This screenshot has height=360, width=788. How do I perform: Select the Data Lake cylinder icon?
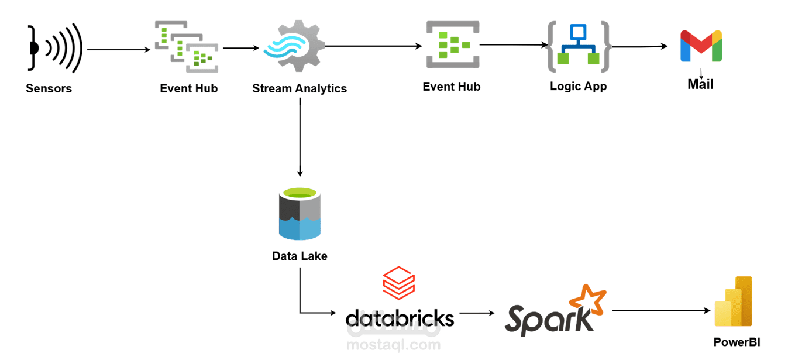(x=300, y=214)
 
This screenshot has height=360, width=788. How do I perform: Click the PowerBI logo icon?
(x=734, y=302)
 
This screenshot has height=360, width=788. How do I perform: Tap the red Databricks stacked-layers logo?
(x=398, y=283)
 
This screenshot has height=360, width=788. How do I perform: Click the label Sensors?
(x=49, y=89)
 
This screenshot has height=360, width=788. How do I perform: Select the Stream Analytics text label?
(x=300, y=89)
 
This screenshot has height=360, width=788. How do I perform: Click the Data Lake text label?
(x=300, y=256)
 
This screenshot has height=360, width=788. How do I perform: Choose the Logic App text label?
(x=578, y=87)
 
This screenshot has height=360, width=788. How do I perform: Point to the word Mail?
(x=700, y=85)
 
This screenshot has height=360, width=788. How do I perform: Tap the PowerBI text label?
(x=737, y=342)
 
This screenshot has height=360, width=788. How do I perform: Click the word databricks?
(x=400, y=318)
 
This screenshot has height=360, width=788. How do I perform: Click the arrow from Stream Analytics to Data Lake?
(x=300, y=138)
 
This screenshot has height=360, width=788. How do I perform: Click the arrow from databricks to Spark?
(x=477, y=313)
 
